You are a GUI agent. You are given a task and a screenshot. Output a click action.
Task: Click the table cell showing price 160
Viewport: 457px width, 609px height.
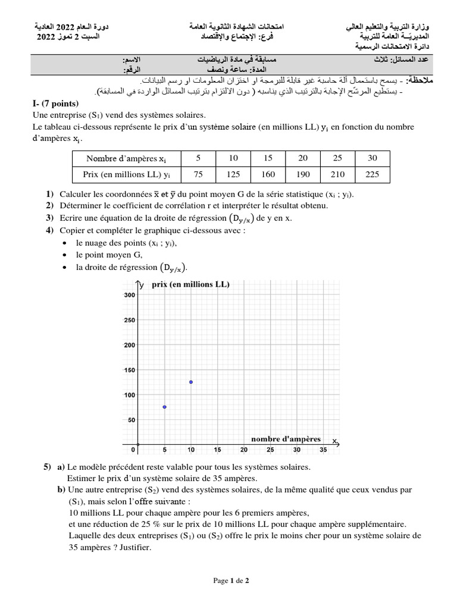pyautogui.click(x=268, y=175)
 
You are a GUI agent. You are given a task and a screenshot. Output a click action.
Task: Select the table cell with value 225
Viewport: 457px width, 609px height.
pyautogui.click(x=372, y=175)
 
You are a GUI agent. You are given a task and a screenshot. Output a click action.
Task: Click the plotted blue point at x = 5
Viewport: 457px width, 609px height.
pyautogui.click(x=164, y=407)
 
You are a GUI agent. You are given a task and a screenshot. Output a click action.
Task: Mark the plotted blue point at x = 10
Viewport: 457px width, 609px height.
pyautogui.click(x=190, y=382)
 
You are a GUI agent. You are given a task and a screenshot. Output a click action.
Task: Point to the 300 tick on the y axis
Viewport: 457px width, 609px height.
pyautogui.click(x=129, y=295)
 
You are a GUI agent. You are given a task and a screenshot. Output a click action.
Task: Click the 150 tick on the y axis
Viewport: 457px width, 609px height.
pyautogui.click(x=129, y=370)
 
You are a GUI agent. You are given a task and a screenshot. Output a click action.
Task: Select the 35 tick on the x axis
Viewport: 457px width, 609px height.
pyautogui.click(x=323, y=450)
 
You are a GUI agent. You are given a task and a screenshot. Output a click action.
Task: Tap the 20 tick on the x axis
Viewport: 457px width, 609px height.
pyautogui.click(x=244, y=450)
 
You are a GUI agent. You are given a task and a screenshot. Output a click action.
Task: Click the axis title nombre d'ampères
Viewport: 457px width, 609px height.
pyautogui.click(x=286, y=440)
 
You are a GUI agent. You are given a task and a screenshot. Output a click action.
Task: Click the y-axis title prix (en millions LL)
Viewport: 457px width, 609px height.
pyautogui.click(x=190, y=284)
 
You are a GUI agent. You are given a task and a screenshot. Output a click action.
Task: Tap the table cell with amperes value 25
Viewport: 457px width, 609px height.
pyautogui.click(x=337, y=159)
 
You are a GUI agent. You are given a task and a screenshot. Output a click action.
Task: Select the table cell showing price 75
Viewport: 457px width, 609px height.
pyautogui.click(x=199, y=175)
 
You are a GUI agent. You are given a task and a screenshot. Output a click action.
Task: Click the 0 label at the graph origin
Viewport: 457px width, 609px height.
pyautogui.click(x=133, y=450)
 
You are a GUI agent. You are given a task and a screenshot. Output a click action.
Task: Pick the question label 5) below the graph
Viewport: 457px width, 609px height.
pyautogui.click(x=47, y=467)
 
